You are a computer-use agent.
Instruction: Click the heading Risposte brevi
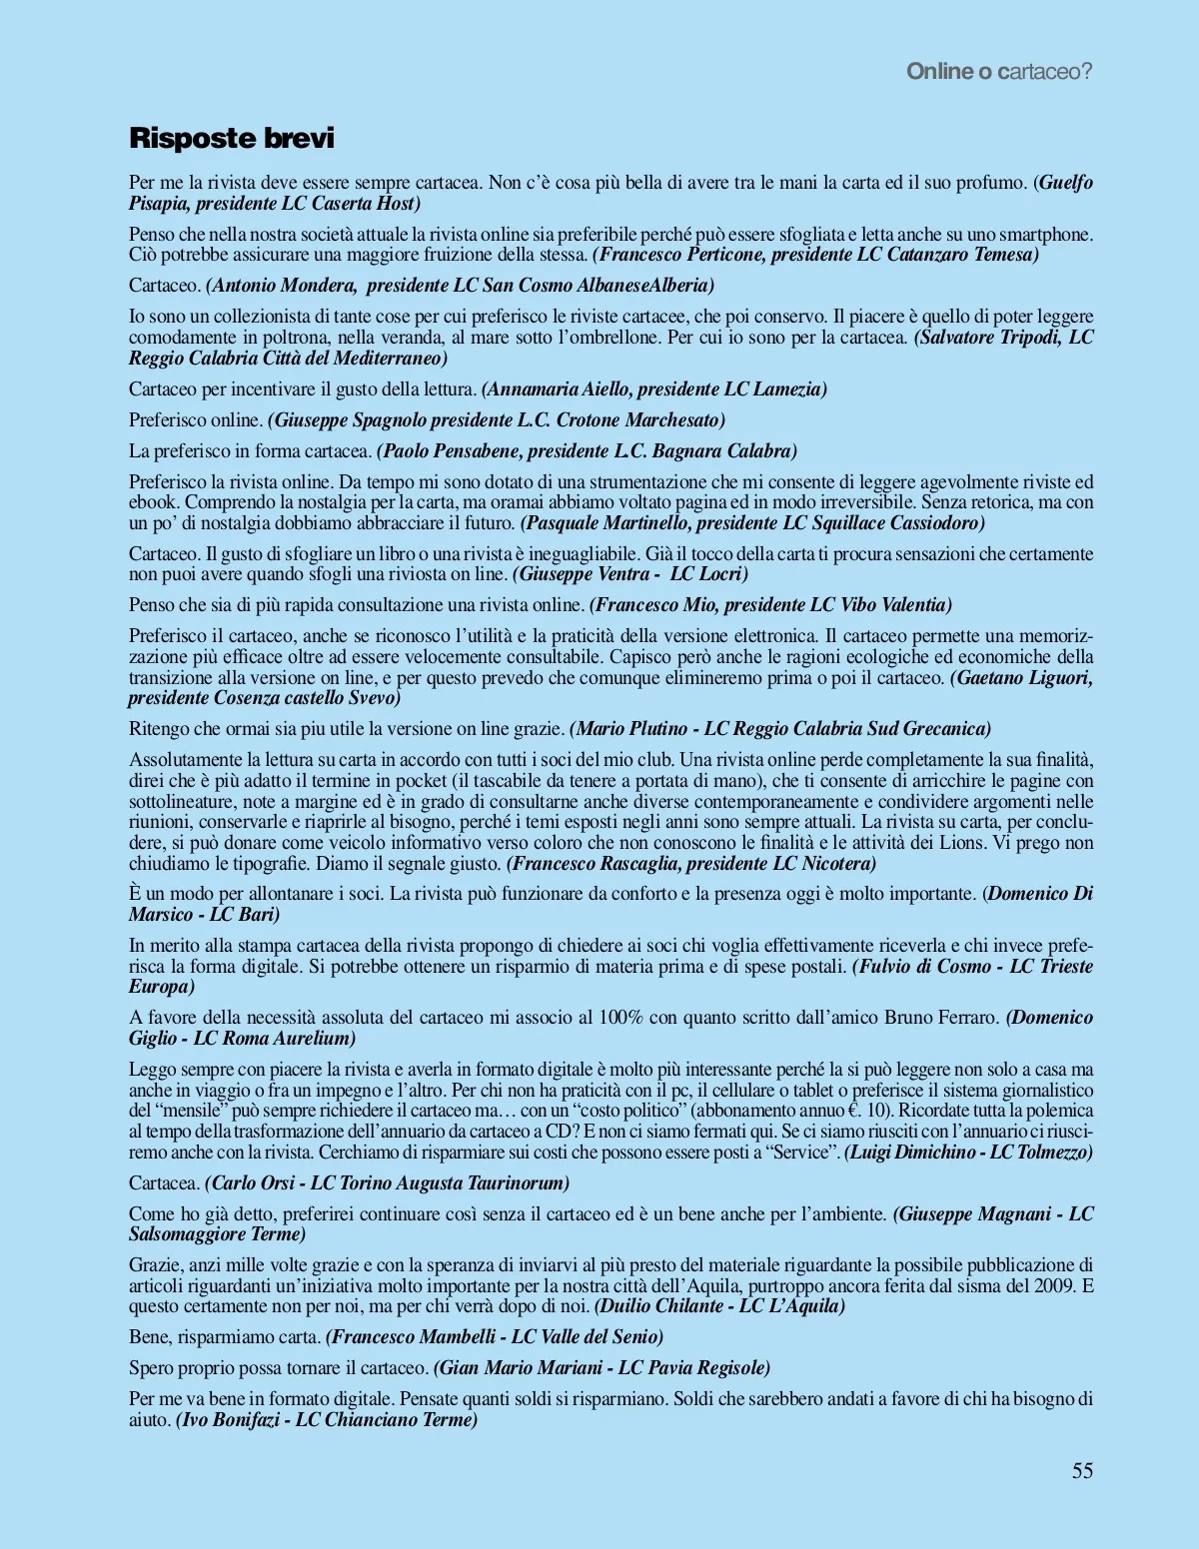click(231, 138)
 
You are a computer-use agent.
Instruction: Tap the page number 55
click(1082, 1470)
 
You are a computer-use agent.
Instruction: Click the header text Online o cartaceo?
click(999, 71)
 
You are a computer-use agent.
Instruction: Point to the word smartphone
click(1045, 235)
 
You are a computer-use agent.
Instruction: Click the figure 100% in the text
click(620, 1018)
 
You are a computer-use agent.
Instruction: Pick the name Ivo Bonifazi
click(229, 1420)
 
